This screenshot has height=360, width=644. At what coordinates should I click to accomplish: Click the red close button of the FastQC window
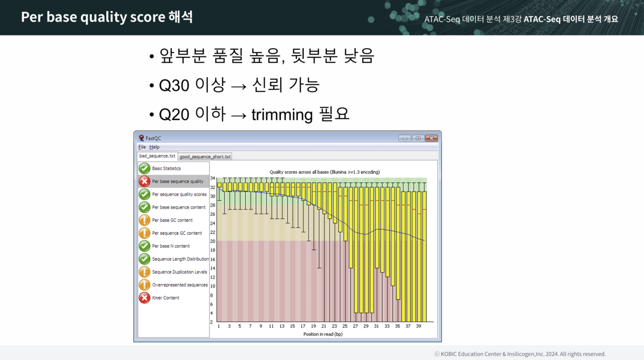[x=431, y=138]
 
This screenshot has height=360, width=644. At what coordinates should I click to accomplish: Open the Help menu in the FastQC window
[x=155, y=147]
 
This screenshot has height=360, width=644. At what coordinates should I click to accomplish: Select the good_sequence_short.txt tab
[x=205, y=157]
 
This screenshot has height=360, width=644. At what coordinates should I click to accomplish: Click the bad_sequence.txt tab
[x=157, y=156]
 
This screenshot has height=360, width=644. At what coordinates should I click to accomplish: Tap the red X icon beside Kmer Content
[x=144, y=298]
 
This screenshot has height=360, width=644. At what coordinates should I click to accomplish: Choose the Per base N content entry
[x=171, y=246]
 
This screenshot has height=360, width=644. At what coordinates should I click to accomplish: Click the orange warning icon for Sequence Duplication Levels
[x=144, y=272]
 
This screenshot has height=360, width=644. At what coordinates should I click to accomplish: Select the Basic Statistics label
[x=166, y=168]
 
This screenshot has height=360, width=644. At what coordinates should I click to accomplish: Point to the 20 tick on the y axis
[x=213, y=241]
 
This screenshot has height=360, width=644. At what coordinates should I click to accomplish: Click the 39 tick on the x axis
[x=418, y=326]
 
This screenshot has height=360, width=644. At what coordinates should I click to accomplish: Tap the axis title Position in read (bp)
[x=323, y=334]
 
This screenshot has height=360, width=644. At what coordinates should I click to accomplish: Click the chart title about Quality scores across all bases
[x=325, y=172]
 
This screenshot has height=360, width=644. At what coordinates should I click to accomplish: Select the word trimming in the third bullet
[x=282, y=115]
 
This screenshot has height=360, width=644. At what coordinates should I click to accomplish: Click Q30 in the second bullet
[x=174, y=85]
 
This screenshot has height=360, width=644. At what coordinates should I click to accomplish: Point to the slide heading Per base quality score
[x=93, y=17]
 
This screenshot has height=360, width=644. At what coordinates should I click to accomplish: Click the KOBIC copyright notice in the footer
[x=520, y=354]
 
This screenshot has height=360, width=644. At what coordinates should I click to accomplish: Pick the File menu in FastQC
[x=142, y=147]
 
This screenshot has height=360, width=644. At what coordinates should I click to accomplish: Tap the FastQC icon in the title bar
[x=142, y=138]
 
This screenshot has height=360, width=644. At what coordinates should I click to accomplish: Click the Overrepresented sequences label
[x=180, y=285]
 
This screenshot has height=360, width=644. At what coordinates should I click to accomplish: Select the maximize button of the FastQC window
[x=418, y=138]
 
